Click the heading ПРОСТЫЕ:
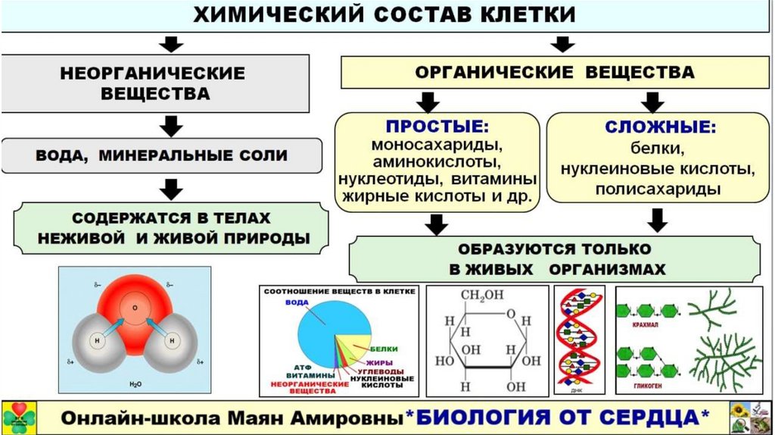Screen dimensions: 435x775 click(x=437, y=126)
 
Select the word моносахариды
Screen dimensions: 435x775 click(x=437, y=145)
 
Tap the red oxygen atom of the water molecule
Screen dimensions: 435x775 click(x=135, y=309)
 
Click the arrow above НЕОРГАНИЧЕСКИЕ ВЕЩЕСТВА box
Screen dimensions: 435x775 click(x=173, y=44)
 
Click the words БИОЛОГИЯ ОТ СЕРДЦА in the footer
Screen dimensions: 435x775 click(x=563, y=417)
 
